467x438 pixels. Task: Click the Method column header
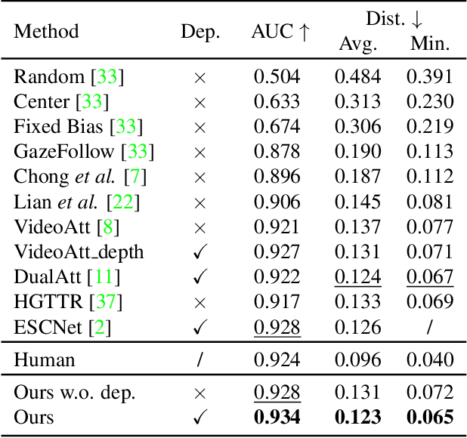pyautogui.click(x=46, y=32)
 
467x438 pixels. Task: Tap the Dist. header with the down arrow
pyautogui.click(x=394, y=19)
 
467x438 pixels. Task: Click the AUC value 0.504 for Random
pyautogui.click(x=277, y=76)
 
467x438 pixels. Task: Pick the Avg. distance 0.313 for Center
pyautogui.click(x=357, y=102)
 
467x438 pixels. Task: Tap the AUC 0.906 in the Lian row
pyautogui.click(x=277, y=202)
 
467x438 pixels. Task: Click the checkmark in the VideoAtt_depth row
pyautogui.click(x=199, y=252)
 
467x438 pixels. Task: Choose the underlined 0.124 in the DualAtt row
pyautogui.click(x=357, y=277)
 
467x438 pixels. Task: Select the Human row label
pyautogui.click(x=45, y=359)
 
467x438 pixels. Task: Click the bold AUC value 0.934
pyautogui.click(x=277, y=416)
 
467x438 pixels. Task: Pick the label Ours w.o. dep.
pyautogui.click(x=75, y=392)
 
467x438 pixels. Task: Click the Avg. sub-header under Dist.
pyautogui.click(x=357, y=44)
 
